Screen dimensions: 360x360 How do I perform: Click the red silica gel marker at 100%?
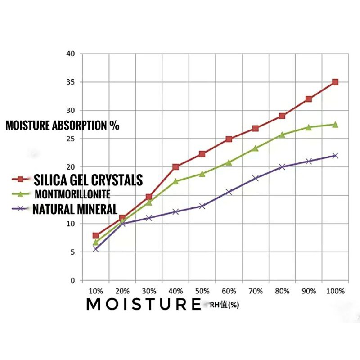[x=335, y=82]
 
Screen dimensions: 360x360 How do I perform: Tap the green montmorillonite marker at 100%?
[x=335, y=124]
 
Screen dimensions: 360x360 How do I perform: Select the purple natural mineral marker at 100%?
[x=335, y=156]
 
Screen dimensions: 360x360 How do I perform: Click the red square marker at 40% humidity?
[x=175, y=167]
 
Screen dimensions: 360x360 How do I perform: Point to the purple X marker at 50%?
[x=202, y=206]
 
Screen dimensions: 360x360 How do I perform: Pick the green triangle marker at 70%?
[x=255, y=148]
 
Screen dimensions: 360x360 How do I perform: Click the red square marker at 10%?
[x=96, y=235]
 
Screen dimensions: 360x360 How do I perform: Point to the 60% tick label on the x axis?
[x=229, y=291]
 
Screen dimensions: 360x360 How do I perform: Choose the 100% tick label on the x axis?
[x=335, y=291]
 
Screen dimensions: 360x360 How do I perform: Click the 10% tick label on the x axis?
[x=96, y=291]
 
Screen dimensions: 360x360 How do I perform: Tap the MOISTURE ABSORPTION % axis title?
[x=63, y=126]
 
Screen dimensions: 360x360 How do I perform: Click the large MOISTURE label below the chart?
[x=143, y=304]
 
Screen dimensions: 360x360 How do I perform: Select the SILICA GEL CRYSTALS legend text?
[x=88, y=180]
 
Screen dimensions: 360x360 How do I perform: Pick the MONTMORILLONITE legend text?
[x=72, y=194]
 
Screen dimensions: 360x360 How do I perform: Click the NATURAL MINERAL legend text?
[x=75, y=209]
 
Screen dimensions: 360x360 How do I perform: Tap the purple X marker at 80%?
[x=282, y=167]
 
